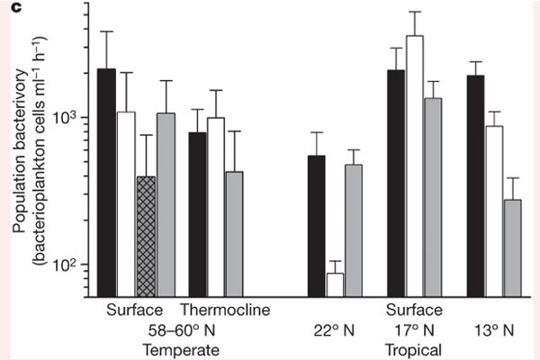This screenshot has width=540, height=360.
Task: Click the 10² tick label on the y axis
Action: [x=68, y=265]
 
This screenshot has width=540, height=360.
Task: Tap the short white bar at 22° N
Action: [x=335, y=284]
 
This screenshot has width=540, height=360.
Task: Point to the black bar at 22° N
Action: [x=316, y=226]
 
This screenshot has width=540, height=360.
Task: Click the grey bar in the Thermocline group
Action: [x=234, y=234]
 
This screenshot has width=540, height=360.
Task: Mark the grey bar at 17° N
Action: [x=434, y=197]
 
